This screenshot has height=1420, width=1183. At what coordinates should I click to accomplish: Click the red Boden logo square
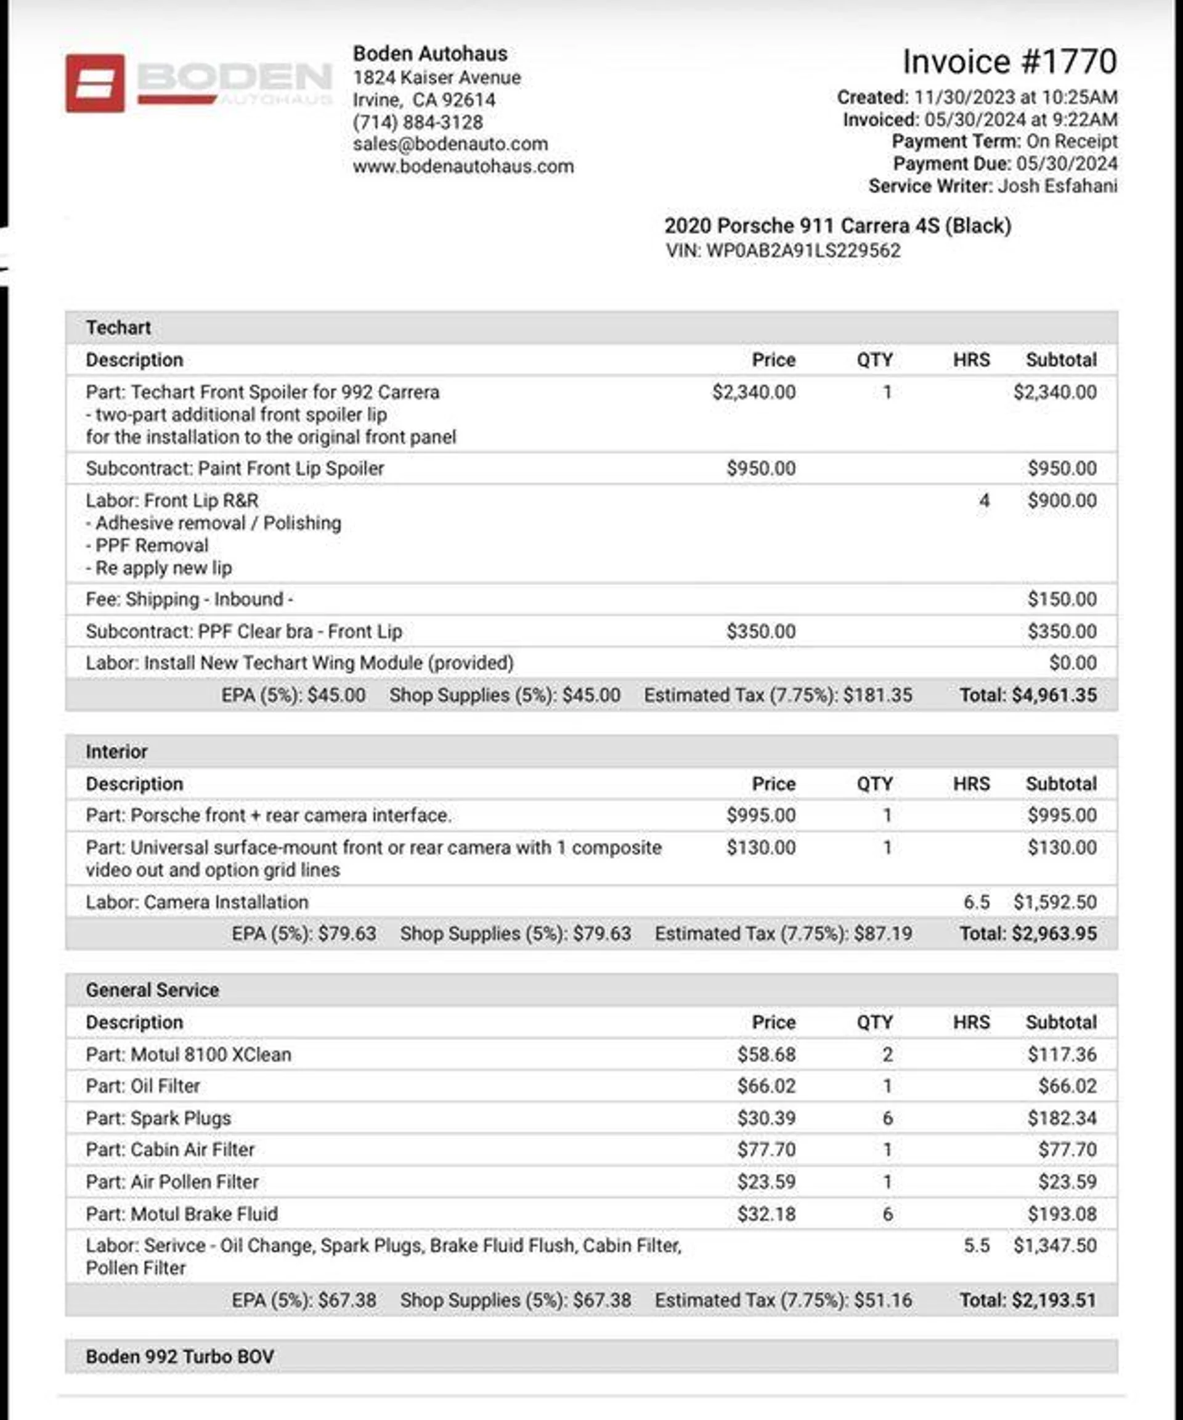pos(95,83)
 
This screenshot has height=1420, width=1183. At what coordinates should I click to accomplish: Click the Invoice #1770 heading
pos(1009,62)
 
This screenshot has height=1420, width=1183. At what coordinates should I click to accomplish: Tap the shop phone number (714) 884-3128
pos(418,123)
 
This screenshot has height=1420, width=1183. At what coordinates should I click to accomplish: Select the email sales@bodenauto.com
pos(450,144)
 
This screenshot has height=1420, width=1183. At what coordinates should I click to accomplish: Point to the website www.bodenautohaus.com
pos(463,166)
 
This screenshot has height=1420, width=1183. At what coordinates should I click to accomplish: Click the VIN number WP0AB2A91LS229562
pos(803,251)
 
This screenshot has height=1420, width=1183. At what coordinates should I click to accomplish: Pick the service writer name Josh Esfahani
pos(1057,186)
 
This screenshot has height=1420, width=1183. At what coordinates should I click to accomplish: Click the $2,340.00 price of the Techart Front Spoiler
pos(754,392)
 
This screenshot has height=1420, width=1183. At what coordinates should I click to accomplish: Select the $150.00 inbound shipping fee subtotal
pos(1062,599)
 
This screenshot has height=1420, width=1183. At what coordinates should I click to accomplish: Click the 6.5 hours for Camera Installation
pos(976,902)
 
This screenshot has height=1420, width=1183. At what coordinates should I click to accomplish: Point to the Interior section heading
pos(116,751)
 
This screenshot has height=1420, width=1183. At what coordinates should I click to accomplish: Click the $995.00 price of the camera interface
pos(760,815)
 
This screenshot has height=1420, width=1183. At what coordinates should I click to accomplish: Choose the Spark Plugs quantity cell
pos(888,1118)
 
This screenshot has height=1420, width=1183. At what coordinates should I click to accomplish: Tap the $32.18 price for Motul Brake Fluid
pos(766,1214)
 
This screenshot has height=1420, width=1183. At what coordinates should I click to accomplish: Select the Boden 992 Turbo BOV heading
pos(180,1357)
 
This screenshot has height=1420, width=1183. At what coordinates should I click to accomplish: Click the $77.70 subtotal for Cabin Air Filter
pos(1067,1149)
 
